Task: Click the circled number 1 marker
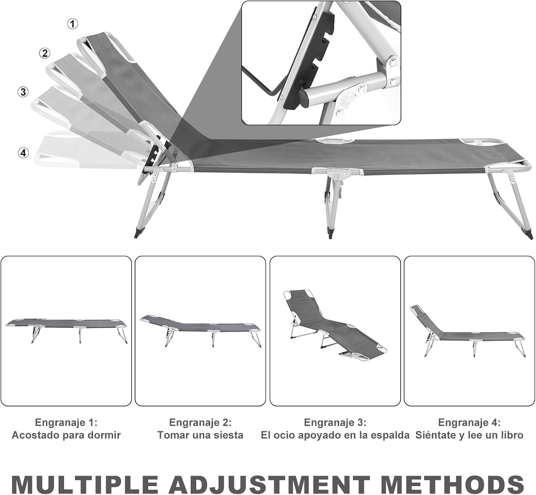[x=72, y=24]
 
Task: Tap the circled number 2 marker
[x=45, y=53]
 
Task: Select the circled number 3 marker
[x=23, y=92]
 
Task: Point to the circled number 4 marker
[x=23, y=153]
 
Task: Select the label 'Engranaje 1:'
[x=66, y=422]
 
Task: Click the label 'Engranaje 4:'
[x=469, y=422]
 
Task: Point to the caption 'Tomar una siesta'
[x=200, y=435]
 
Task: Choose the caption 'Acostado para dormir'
[x=66, y=435]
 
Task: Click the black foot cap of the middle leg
[x=330, y=233]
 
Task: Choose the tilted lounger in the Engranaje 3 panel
[x=335, y=325]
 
